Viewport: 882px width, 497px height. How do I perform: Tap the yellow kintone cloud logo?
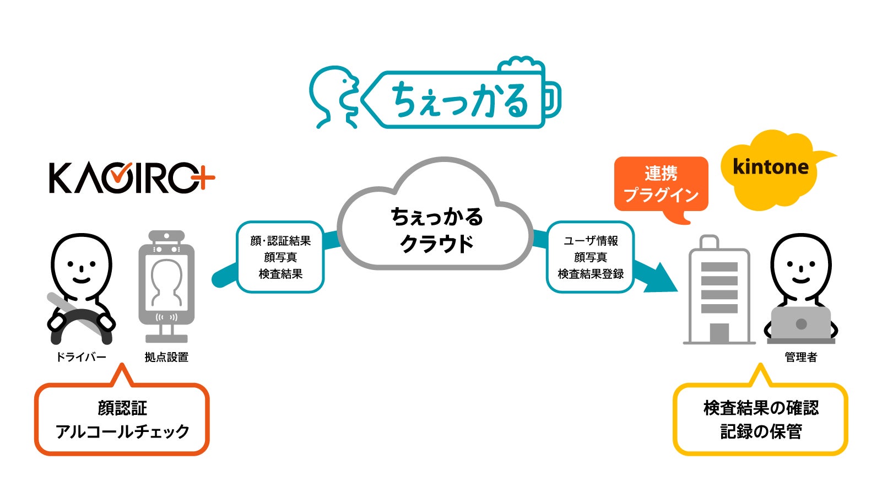pyautogui.click(x=771, y=168)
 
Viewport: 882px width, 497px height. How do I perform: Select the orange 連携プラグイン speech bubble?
pyautogui.click(x=661, y=185)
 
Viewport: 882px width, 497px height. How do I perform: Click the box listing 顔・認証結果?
pyautogui.click(x=280, y=257)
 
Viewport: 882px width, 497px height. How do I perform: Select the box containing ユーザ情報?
pyautogui.click(x=590, y=257)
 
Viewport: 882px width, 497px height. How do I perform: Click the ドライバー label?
pyautogui.click(x=81, y=357)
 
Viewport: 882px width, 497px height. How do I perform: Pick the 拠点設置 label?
pyautogui.click(x=166, y=357)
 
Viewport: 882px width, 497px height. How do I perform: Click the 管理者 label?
pyautogui.click(x=800, y=357)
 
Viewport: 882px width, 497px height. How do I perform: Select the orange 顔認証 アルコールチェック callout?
pyautogui.click(x=122, y=420)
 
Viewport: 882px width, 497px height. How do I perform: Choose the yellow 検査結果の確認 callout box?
pyautogui.click(x=760, y=420)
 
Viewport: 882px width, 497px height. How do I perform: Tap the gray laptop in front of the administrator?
pyautogui.click(x=800, y=324)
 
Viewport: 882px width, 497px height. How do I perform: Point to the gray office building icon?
pyautogui.click(x=719, y=292)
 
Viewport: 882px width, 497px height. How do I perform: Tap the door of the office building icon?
pyautogui.click(x=719, y=332)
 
